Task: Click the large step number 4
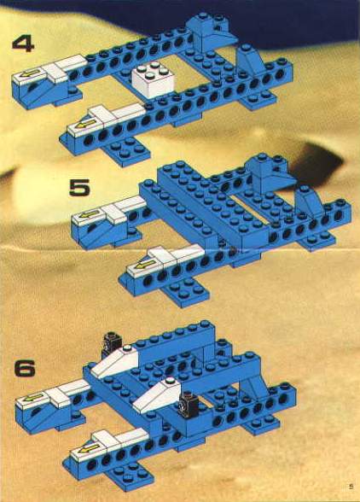click(x=23, y=44)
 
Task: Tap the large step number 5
click(x=79, y=188)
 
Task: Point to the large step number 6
click(x=25, y=369)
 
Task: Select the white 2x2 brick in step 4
click(x=153, y=79)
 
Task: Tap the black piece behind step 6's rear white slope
click(x=112, y=345)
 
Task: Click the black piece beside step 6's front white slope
click(x=189, y=405)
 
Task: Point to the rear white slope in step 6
click(x=114, y=361)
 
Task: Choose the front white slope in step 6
click(x=157, y=395)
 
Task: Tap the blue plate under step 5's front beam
click(x=185, y=292)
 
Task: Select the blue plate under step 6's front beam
click(x=130, y=477)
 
